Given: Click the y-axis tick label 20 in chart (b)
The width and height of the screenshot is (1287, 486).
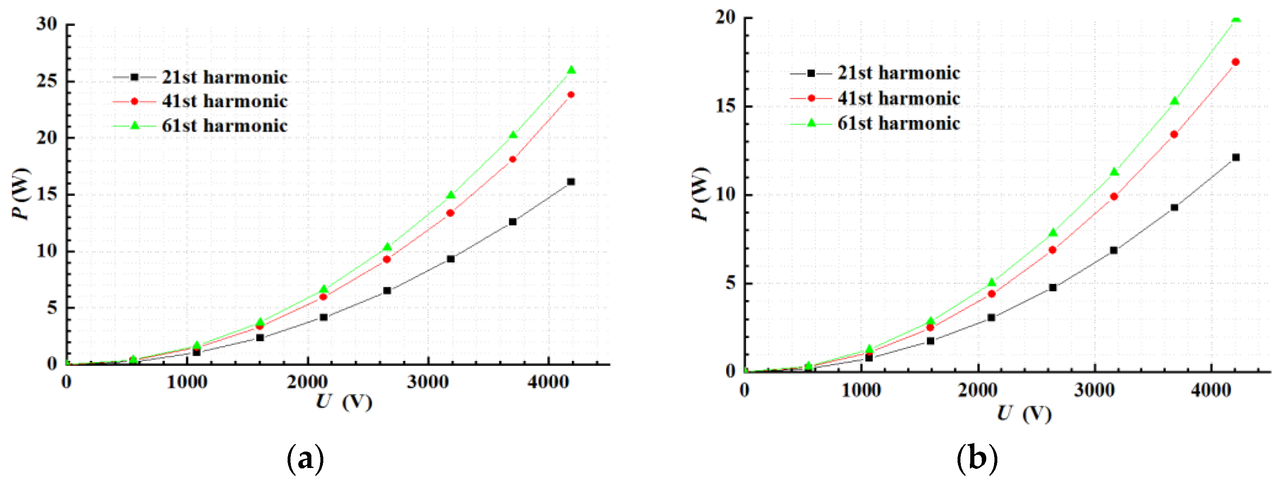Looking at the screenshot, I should (726, 18).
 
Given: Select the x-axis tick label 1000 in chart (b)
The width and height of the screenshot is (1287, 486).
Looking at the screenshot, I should (861, 390).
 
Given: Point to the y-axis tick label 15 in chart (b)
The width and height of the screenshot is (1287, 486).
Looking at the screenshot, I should (726, 106).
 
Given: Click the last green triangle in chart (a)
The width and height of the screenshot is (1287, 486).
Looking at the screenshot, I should (571, 70).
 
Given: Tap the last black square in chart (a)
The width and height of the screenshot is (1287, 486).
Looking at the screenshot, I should (571, 182).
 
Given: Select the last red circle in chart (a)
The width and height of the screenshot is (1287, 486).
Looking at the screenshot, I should (571, 95).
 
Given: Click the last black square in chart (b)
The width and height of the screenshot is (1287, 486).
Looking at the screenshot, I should (1236, 157).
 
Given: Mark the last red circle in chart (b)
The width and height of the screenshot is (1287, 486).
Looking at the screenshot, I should (1236, 62).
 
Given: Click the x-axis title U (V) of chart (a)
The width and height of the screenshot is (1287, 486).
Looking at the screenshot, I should (344, 402).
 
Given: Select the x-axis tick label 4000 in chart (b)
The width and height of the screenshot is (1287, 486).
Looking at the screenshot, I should (1211, 390).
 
